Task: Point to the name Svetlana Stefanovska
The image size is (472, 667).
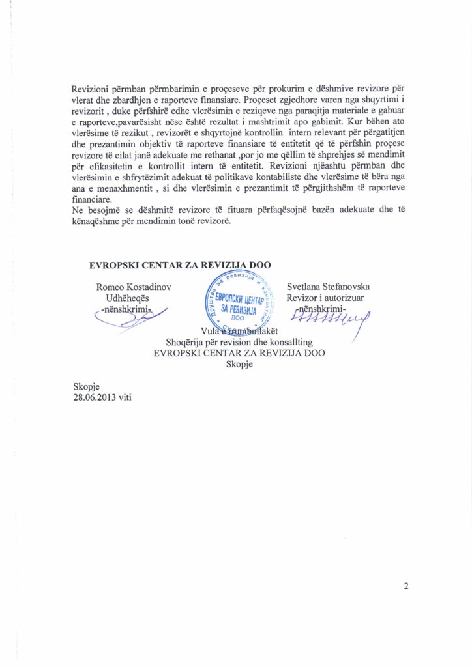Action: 329,286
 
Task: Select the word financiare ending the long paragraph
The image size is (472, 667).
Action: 91,199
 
